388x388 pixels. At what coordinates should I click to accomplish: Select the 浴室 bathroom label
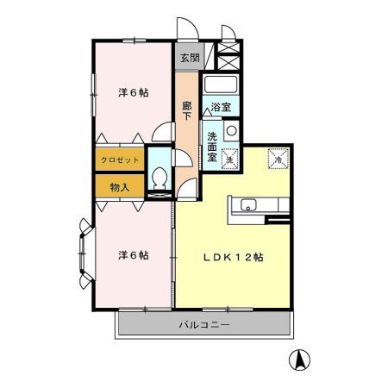pyautogui.click(x=221, y=108)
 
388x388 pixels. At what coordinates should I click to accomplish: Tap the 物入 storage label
pyautogui.click(x=119, y=186)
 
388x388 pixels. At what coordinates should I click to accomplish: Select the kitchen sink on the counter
pyautogui.click(x=247, y=206)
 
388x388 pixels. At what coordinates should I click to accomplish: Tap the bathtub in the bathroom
pyautogui.click(x=221, y=85)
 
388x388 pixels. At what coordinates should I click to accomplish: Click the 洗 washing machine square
pyautogui.click(x=230, y=158)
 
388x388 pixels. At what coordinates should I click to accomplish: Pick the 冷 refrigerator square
pyautogui.click(x=279, y=158)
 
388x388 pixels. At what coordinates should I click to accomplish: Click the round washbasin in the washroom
pyautogui.click(x=230, y=130)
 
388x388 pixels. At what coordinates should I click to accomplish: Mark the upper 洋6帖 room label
pyautogui.click(x=133, y=92)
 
